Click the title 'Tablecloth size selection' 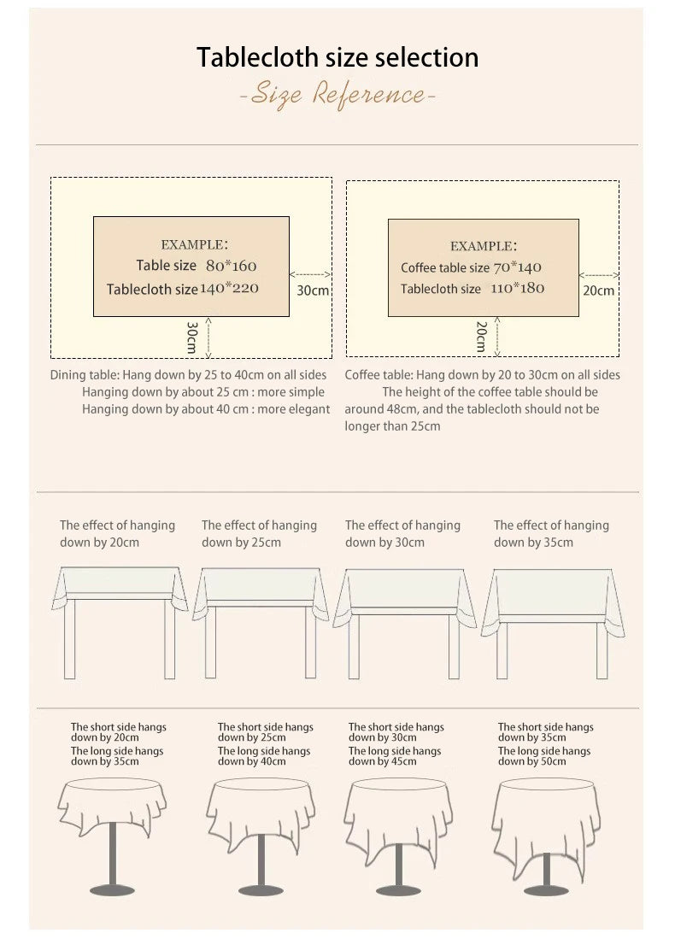[337, 57]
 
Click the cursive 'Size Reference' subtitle [337, 94]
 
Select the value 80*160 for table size [232, 266]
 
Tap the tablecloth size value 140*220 [229, 289]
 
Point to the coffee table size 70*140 [518, 267]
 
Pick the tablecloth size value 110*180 [518, 289]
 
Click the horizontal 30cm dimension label [313, 291]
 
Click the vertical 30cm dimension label [191, 337]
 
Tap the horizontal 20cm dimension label [598, 291]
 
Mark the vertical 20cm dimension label [481, 337]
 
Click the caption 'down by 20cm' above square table [99, 543]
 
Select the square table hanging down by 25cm [261, 623]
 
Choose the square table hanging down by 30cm [405, 624]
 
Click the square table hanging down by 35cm [553, 624]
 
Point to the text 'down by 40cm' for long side [251, 762]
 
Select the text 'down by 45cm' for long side [382, 762]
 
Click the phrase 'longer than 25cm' [392, 426]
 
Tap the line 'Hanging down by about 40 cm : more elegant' [206, 409]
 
